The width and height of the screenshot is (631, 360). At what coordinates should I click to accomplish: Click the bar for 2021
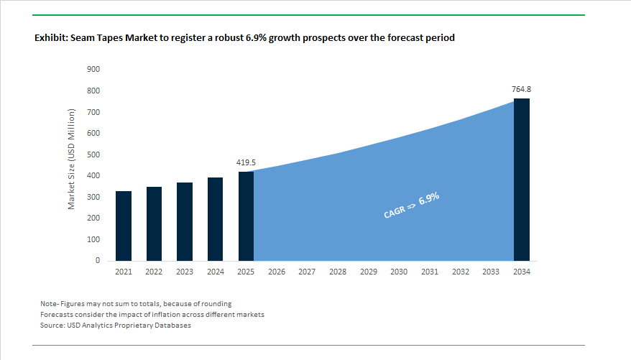123,226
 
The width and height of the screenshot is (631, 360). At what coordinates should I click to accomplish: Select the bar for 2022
154,223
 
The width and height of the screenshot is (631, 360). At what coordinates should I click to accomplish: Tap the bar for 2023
185,221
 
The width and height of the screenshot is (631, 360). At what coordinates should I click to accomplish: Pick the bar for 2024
215,218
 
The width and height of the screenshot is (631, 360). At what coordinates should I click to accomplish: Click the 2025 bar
246,216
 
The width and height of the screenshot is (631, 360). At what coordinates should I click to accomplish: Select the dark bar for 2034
521,180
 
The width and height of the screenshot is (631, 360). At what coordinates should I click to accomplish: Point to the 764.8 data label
521,89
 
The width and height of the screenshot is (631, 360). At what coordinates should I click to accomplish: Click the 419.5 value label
247,163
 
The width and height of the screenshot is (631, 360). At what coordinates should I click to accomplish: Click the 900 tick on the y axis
93,70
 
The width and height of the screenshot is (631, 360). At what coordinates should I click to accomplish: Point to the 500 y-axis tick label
93,154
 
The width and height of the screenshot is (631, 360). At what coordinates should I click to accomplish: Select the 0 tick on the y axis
97,261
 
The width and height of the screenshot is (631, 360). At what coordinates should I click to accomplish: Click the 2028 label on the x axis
338,272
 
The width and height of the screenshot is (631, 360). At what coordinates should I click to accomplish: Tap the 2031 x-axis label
430,272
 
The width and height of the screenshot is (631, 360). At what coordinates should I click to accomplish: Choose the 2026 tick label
277,272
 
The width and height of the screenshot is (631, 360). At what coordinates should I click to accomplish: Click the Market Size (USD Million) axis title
72,160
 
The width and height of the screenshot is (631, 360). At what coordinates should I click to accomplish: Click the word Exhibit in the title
50,37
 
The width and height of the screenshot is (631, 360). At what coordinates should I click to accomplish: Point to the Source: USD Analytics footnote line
116,326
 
